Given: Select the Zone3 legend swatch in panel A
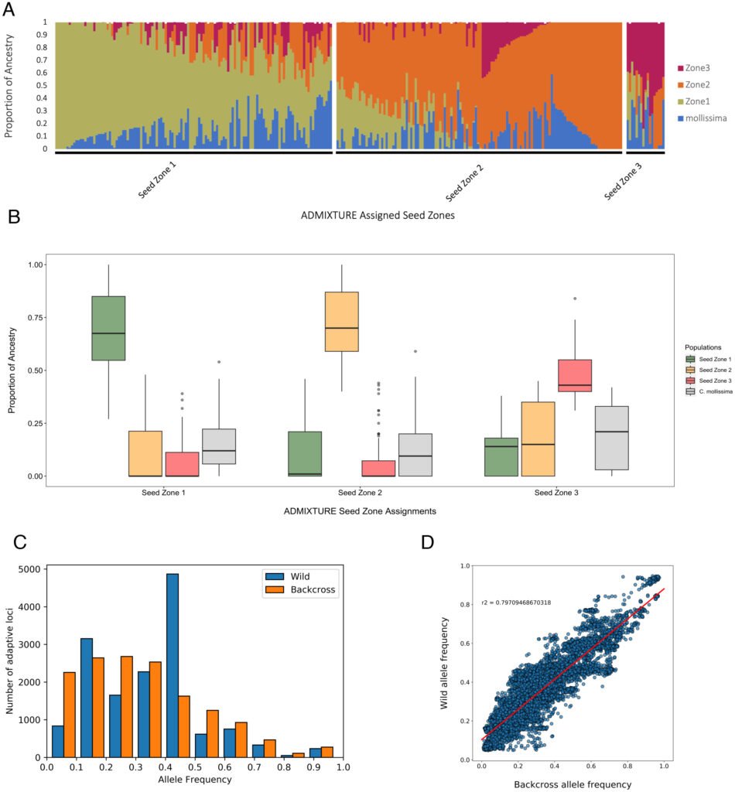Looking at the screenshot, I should pos(681,69).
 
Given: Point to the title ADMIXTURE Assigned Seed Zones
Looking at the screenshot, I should pos(377,216).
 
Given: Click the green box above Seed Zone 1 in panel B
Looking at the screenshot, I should pos(108,328).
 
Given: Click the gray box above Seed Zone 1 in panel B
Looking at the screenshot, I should pos(220,446).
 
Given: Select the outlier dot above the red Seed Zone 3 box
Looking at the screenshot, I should pos(575,298).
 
